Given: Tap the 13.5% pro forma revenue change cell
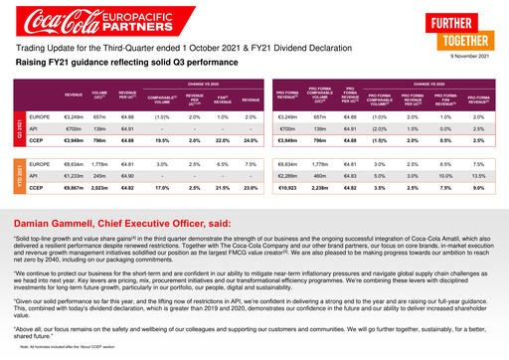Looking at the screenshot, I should point(479,175).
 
